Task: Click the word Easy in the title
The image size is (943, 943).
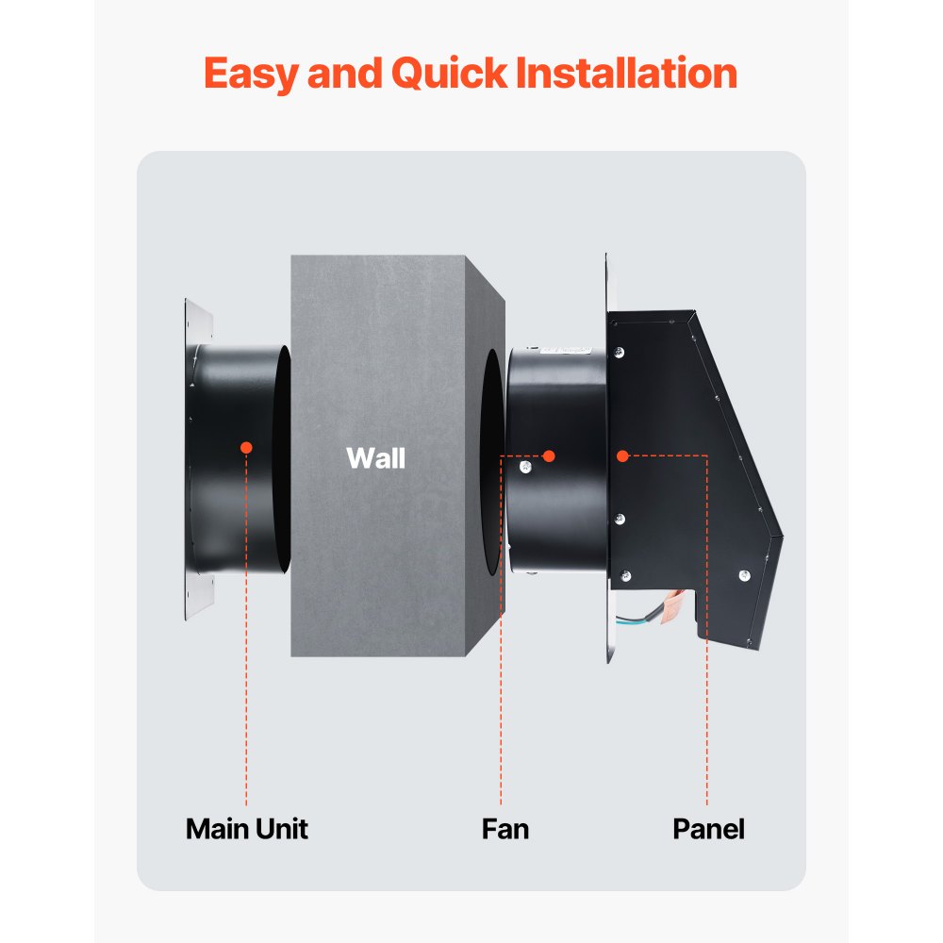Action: tap(249, 74)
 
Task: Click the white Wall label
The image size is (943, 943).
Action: tap(375, 458)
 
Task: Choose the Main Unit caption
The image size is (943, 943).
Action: tap(246, 829)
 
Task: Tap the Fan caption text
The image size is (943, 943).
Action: tap(505, 829)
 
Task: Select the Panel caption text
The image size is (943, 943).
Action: tap(707, 829)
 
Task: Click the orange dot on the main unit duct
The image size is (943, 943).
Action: tap(246, 447)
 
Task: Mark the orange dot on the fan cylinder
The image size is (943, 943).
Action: tap(549, 455)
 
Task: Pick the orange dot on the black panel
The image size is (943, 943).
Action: tap(622, 455)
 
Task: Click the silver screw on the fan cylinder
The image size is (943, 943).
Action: tap(525, 466)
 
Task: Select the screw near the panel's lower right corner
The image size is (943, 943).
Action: tap(744, 575)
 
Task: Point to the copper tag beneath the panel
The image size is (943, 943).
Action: tap(675, 604)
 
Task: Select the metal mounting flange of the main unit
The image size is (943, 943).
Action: tap(199, 462)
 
